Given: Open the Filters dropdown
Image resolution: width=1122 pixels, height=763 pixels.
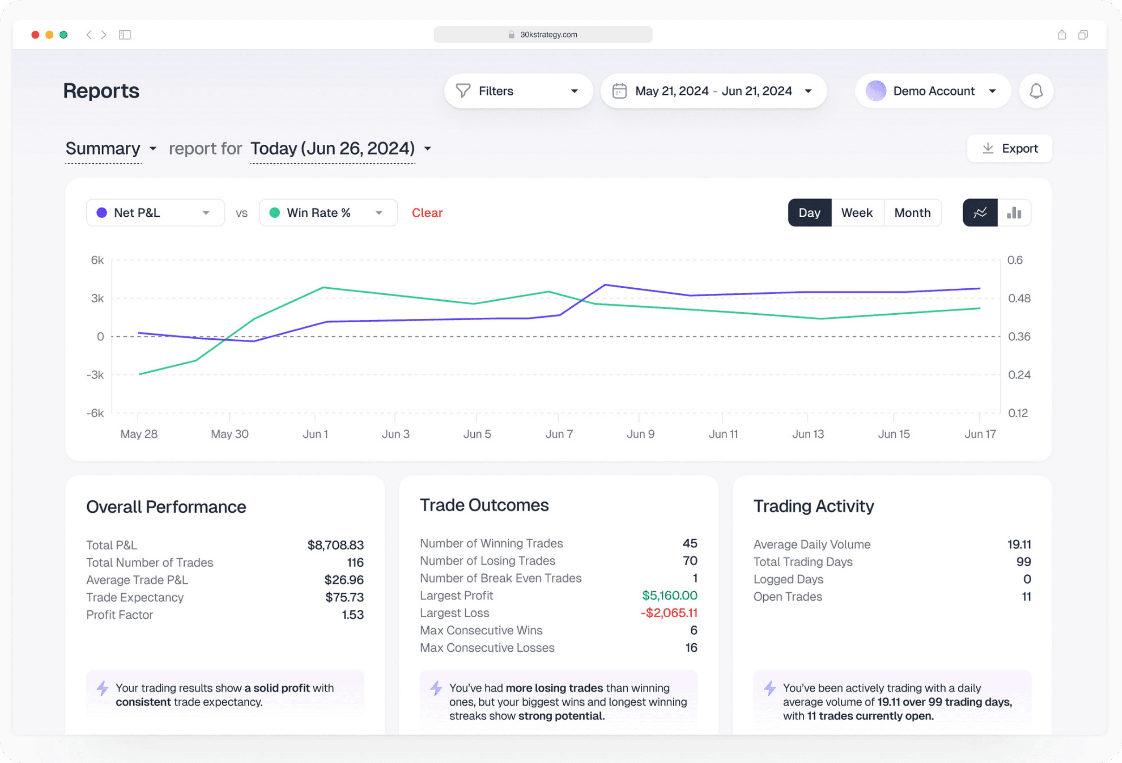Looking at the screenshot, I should tap(518, 91).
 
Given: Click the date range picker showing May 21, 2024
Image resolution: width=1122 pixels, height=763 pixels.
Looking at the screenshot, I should tap(713, 91).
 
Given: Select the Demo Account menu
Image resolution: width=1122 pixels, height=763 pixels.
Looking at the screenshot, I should tap(932, 91).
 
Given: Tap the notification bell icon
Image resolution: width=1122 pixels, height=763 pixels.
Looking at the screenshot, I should tap(1036, 91).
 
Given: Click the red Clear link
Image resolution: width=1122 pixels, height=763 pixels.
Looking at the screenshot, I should tap(427, 213).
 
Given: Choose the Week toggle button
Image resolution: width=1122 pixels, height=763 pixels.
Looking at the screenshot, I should tap(857, 213).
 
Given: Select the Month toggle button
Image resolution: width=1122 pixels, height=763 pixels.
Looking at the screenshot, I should tap(912, 213).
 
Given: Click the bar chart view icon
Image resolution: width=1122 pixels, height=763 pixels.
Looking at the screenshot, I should tap(1014, 213).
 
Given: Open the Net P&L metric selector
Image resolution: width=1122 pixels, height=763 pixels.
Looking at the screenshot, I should tap(155, 213).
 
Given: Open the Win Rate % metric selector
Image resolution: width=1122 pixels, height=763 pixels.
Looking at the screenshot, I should tap(328, 213).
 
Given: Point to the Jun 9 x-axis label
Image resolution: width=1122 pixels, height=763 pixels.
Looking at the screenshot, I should tap(640, 433).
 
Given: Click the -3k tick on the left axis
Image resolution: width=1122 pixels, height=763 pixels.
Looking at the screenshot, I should tap(95, 375).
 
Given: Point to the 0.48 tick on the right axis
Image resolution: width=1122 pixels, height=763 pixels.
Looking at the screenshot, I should tap(1019, 298).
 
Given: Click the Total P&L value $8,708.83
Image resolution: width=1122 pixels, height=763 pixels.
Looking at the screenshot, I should tap(335, 545).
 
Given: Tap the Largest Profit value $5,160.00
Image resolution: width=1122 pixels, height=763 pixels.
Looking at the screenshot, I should tap(669, 595).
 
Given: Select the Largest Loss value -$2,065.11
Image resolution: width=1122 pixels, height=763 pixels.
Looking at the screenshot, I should tap(668, 612).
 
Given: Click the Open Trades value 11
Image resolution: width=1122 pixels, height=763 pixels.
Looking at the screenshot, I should tap(1026, 596).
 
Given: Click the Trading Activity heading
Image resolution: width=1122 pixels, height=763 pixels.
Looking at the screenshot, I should tap(813, 505).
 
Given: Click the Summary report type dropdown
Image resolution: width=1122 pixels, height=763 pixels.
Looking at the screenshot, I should tap(110, 148).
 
